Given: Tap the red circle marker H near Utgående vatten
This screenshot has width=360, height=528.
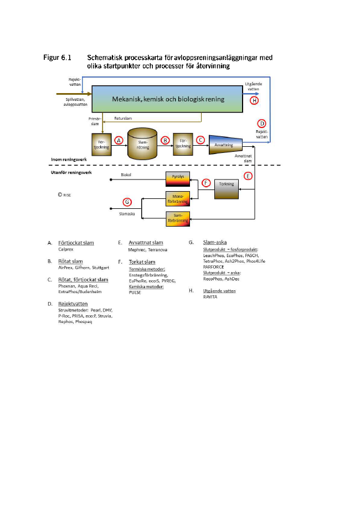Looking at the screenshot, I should pyautogui.click(x=254, y=101).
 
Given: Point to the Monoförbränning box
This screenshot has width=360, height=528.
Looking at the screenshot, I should pyautogui.click(x=178, y=198).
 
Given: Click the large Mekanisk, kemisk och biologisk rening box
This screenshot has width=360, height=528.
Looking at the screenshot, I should pyautogui.click(x=168, y=99).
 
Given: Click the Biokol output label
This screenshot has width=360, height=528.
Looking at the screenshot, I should pyautogui.click(x=127, y=176).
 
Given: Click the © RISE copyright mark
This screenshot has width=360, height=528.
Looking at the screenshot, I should pyautogui.click(x=65, y=195).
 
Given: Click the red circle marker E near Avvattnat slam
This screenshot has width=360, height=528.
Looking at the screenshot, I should pyautogui.click(x=249, y=176).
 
